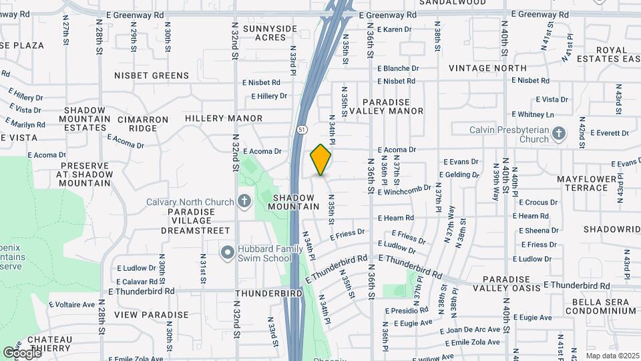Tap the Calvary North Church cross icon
pyautogui.click(x=244, y=201)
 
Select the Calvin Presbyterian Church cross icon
pyautogui.click(x=560, y=134)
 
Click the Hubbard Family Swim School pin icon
pyautogui.click(x=228, y=253)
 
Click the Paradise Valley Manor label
pyautogui.click(x=393, y=106)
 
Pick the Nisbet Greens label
pyautogui.click(x=152, y=76)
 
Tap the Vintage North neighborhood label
pyautogui.click(x=487, y=68)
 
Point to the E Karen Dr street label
pyautogui.click(x=394, y=29)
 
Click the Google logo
pyautogui.click(x=21, y=352)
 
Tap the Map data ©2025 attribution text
pyautogui.click(x=611, y=356)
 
